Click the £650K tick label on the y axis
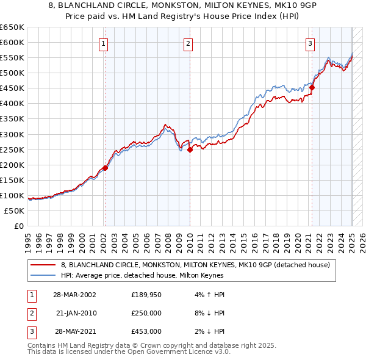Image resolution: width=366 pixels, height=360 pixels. pos(13,27)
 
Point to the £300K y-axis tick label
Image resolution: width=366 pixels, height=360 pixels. pos(13,134)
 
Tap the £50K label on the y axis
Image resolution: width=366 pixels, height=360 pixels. pos(15,211)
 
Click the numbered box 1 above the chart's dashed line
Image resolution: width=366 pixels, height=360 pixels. pos(104,43)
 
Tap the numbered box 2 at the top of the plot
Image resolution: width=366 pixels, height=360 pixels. pos(188,43)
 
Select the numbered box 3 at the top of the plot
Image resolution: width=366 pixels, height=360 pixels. pos(310,43)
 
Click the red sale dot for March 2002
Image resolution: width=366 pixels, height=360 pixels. pos(105,168)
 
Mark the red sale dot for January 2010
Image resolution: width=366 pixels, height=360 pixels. pos(190,149)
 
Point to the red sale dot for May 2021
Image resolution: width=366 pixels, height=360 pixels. pos(312,87)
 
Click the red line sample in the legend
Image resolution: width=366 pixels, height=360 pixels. pos(44,265)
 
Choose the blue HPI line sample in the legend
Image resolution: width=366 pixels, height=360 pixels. pos(44,275)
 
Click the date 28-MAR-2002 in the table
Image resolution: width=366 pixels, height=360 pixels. pos(71,295)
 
